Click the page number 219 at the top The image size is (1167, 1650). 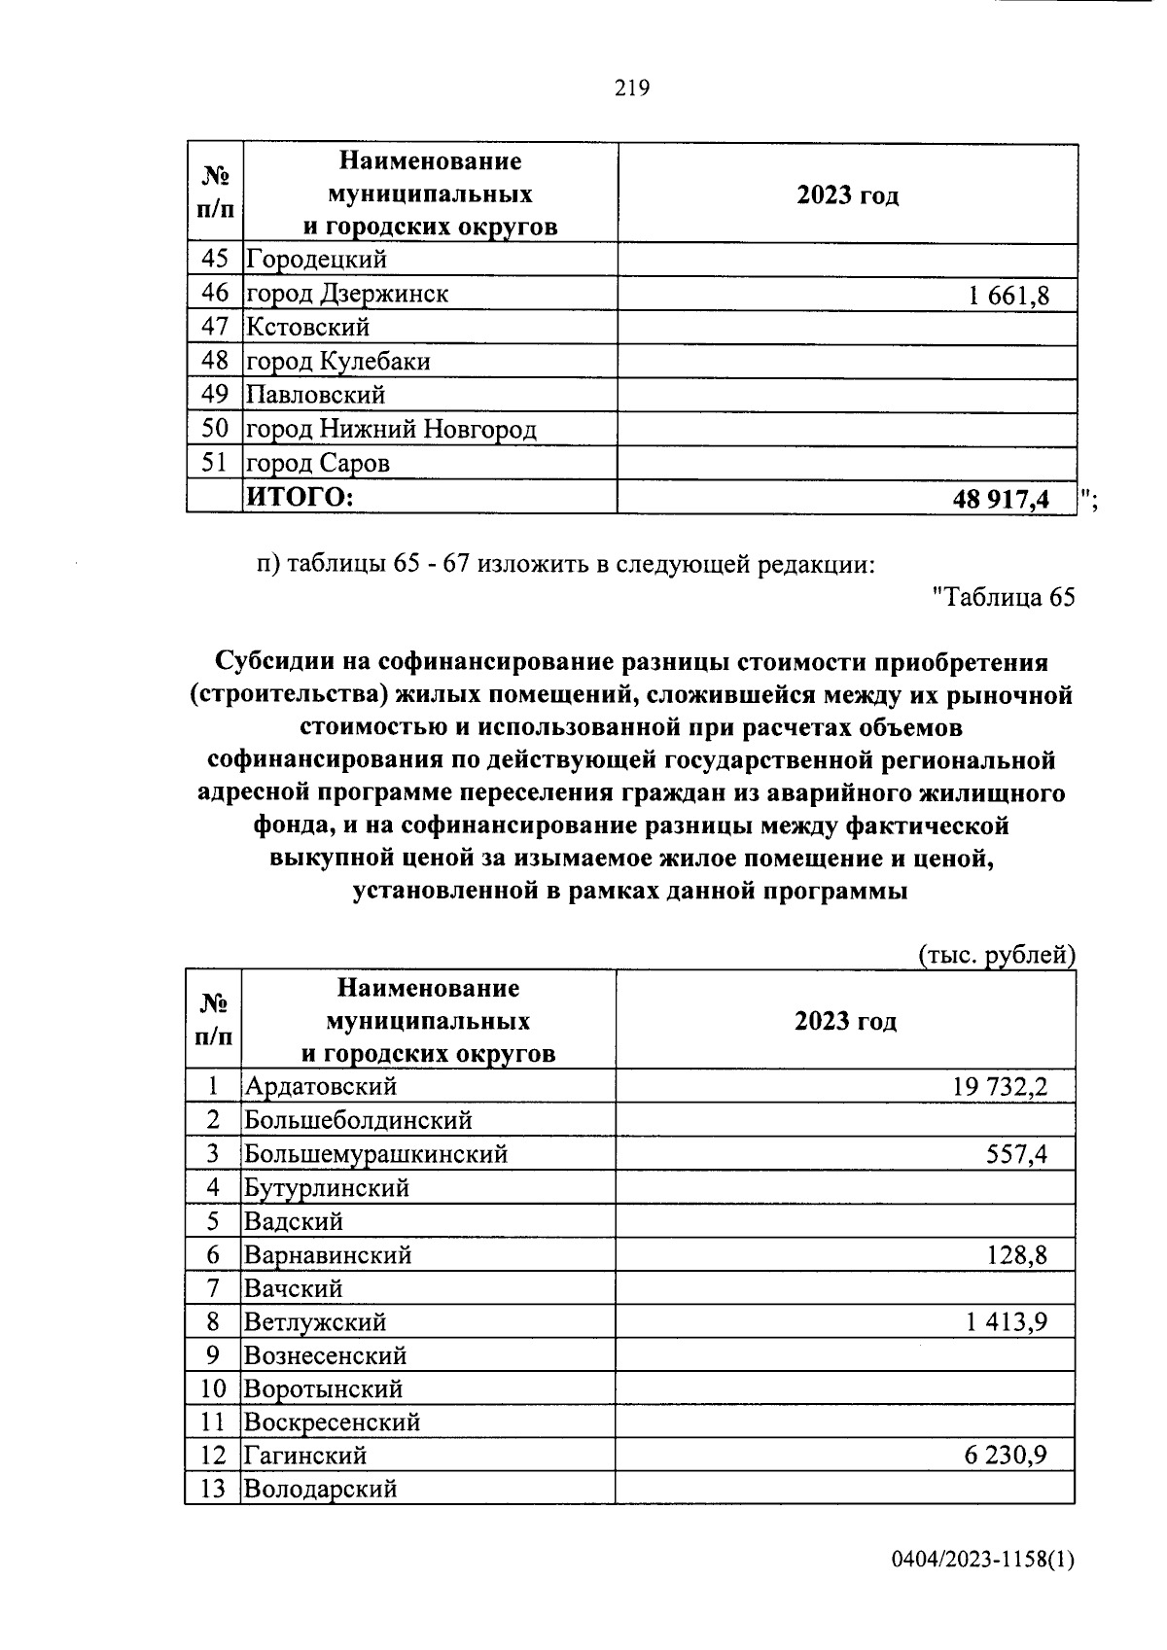631,88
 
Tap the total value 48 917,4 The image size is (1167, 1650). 1001,499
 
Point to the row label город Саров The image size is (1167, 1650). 317,464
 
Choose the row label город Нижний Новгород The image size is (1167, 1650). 390,430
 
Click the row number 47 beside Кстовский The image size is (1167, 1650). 214,328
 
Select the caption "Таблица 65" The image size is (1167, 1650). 1003,598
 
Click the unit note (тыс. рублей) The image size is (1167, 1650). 997,956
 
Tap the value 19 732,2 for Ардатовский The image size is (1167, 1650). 1000,1086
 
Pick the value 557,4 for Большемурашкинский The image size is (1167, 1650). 1016,1154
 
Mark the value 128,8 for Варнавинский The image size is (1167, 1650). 1016,1255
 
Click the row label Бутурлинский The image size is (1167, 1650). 326,1188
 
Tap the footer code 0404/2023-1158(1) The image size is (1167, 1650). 982,1562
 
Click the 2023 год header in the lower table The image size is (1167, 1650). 845,1021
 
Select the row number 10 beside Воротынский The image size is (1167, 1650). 213,1389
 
